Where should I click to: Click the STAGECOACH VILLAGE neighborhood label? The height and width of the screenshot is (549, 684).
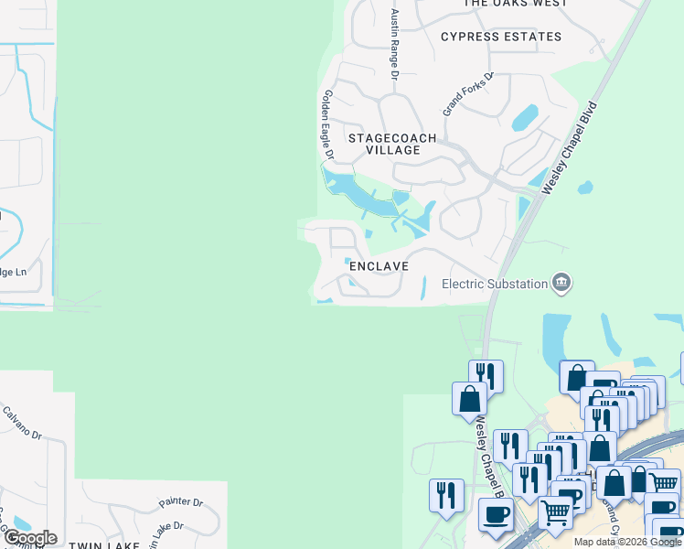pos(392,144)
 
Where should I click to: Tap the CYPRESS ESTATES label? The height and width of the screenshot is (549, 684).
pos(501,37)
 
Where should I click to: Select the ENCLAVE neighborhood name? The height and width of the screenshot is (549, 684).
pos(378,265)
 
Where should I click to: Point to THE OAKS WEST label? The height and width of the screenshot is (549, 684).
pos(515,4)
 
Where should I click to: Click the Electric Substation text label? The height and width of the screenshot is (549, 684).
pos(495,284)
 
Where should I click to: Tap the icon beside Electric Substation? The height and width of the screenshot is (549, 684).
pos(562,284)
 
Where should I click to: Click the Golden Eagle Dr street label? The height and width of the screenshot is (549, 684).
pos(327,124)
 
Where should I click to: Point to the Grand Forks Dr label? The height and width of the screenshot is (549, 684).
pos(468,93)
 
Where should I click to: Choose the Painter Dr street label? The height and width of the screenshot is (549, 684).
pos(179,502)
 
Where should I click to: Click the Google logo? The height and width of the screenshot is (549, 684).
pos(29,538)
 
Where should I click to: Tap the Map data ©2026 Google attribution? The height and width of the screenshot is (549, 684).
pos(626,542)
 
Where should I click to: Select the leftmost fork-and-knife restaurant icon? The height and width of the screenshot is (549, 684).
pos(445,494)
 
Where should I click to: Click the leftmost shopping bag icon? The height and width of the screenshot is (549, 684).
pos(469,398)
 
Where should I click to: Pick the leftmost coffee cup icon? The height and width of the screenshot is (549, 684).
pos(497,514)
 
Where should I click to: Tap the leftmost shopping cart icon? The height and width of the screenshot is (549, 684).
pos(555,513)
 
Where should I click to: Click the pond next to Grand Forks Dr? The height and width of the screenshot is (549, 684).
pos(526,118)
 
